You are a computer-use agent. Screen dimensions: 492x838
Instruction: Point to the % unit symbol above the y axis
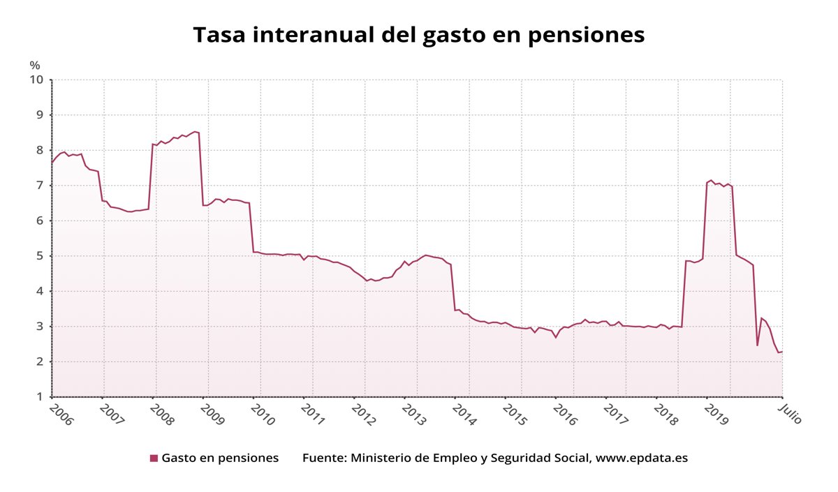coord(35,65)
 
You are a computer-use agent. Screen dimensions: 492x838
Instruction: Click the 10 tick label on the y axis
coord(36,80)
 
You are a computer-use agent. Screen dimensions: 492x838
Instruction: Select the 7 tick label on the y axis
coord(40,186)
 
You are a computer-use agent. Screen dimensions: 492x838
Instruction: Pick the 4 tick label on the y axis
coord(40,291)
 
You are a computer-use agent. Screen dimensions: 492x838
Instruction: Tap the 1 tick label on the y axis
coord(40,397)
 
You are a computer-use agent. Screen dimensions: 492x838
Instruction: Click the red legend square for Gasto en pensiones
coord(154,459)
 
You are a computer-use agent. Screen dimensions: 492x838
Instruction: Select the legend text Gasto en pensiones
coord(220,459)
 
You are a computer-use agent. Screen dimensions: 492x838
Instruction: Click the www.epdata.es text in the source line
coord(642,459)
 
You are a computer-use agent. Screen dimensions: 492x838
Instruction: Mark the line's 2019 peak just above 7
coord(711,180)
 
